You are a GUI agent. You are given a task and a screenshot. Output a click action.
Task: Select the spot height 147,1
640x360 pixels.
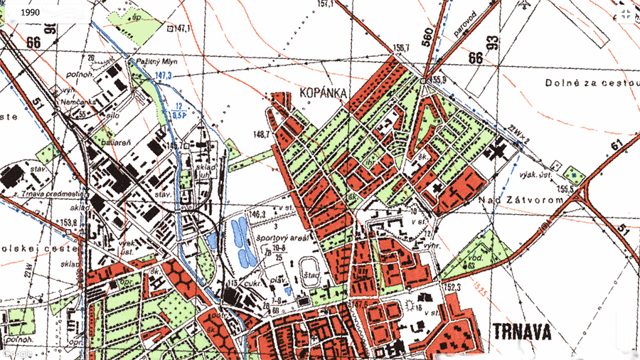183,28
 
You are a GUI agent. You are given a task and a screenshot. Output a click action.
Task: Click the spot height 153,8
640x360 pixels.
68,222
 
